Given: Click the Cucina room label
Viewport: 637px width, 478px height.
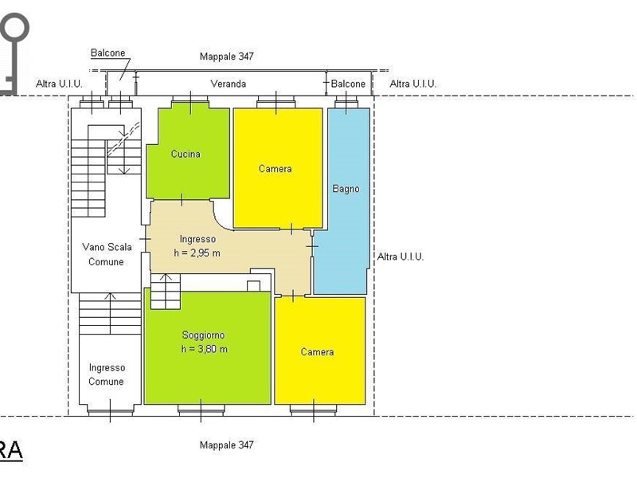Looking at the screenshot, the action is click(186, 154).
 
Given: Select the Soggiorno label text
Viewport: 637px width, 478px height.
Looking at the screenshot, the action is click(203, 335).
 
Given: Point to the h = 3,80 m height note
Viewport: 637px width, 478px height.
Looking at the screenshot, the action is click(205, 349).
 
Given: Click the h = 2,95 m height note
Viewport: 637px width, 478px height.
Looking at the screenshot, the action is click(197, 253).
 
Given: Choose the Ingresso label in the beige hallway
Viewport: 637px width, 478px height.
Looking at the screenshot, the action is click(197, 240).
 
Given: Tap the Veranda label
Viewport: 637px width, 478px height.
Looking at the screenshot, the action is click(229, 84).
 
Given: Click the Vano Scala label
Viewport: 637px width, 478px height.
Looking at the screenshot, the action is click(107, 247).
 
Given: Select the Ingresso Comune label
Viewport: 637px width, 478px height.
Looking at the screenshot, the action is click(107, 374).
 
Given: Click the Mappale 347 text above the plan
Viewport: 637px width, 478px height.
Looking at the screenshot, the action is click(227, 57).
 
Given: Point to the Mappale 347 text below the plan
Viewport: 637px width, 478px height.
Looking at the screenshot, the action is click(227, 445).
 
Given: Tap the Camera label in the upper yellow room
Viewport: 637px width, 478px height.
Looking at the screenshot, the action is click(275, 169).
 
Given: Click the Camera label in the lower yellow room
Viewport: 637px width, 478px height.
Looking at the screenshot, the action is click(317, 352).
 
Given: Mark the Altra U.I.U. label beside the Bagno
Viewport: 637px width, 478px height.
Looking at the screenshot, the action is click(401, 257).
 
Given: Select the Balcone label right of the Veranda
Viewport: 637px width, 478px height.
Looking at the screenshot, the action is click(348, 84).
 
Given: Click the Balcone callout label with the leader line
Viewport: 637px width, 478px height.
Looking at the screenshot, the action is click(107, 53).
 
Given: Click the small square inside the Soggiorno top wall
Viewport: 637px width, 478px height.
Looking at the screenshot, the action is click(253, 286).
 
